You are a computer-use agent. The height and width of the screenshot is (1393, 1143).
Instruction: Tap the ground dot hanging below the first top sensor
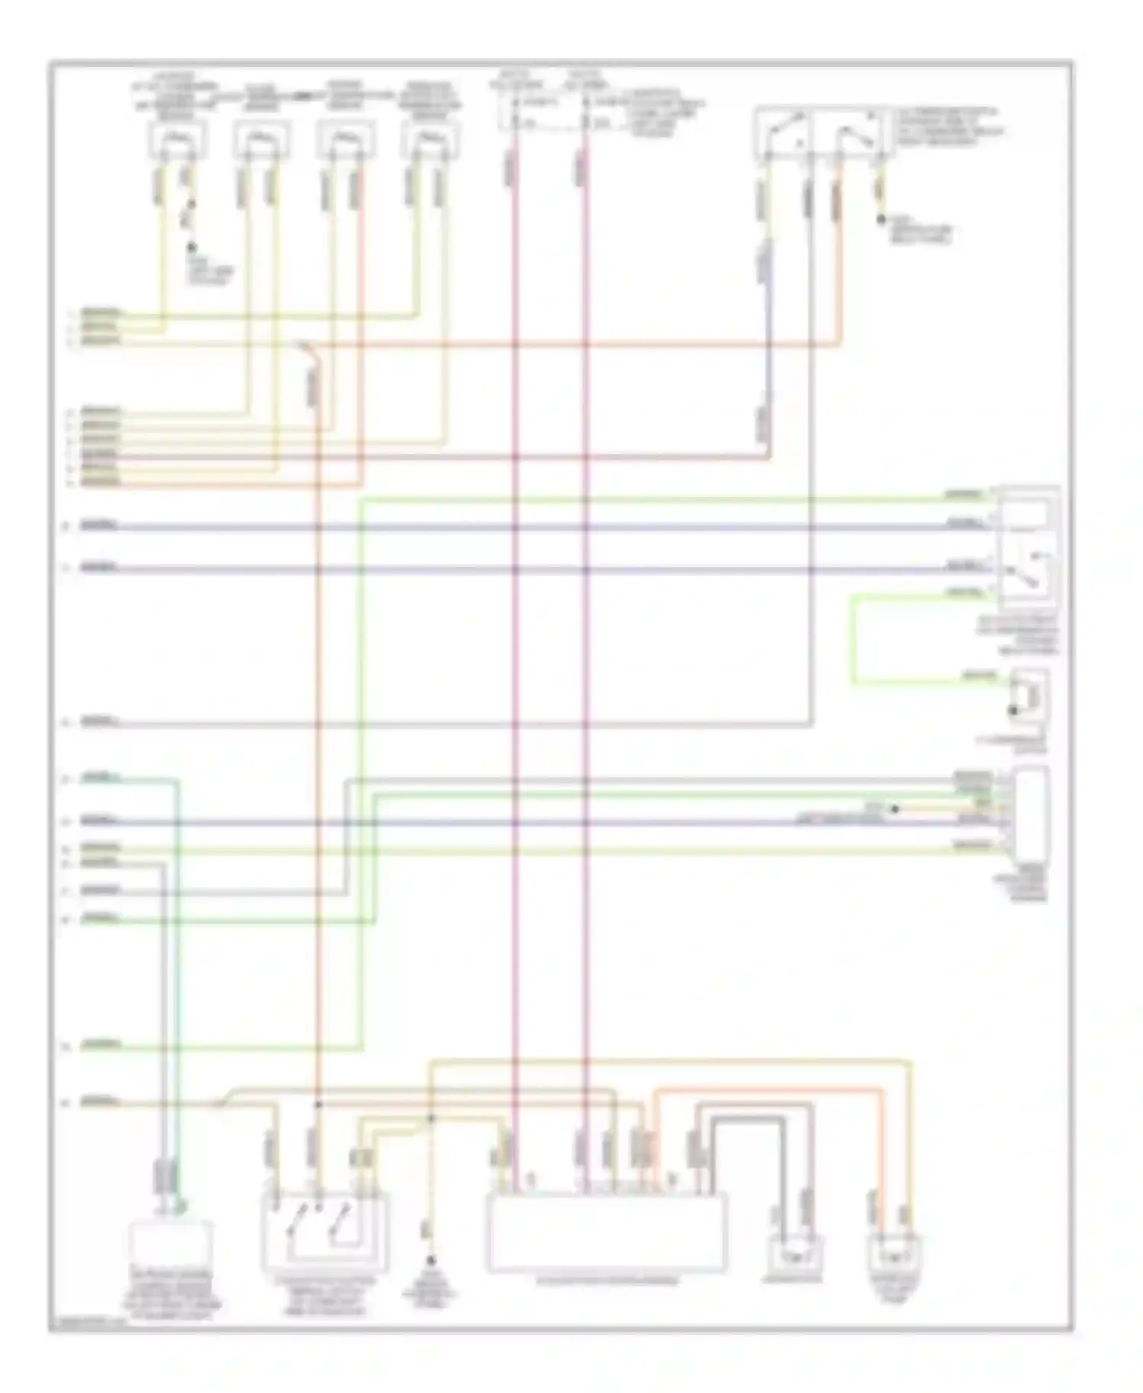click(x=192, y=248)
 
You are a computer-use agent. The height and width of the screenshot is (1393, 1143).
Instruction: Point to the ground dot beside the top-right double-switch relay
click(x=881, y=219)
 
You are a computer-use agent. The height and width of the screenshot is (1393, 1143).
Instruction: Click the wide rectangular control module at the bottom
click(x=607, y=1232)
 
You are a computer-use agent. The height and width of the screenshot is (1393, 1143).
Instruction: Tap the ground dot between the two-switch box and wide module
click(x=431, y=1261)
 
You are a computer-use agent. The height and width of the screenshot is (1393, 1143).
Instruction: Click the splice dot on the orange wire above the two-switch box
click(x=319, y=1104)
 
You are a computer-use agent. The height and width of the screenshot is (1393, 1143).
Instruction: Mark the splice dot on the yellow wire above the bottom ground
click(x=431, y=1119)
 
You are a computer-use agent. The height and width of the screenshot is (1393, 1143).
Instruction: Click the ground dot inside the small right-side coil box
click(x=1013, y=710)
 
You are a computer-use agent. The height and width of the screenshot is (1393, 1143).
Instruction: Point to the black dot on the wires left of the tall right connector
click(x=895, y=809)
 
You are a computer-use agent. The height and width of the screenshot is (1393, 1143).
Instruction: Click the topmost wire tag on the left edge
click(x=101, y=313)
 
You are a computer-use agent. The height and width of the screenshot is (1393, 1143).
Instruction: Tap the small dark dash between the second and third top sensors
click(x=303, y=97)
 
